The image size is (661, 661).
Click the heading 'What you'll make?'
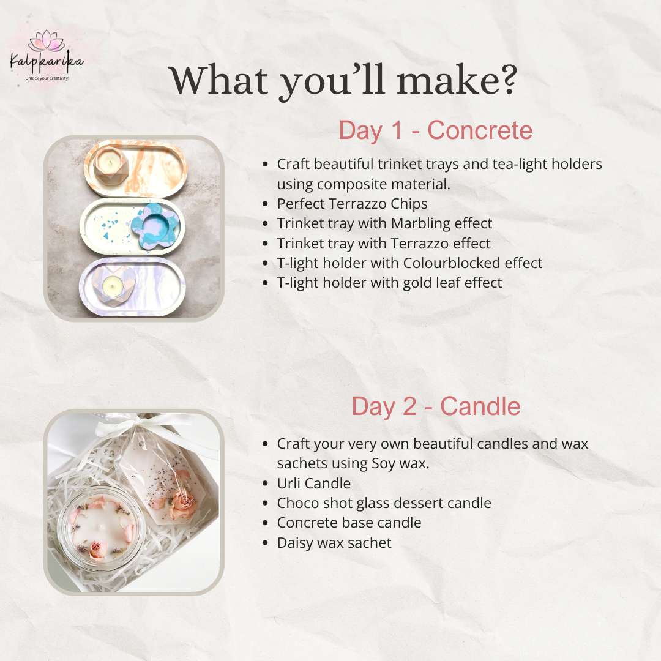(x=343, y=80)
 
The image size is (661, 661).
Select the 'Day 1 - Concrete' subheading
(x=435, y=131)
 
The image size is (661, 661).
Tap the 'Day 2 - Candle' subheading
(x=436, y=406)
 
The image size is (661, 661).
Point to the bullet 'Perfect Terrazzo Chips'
(x=352, y=204)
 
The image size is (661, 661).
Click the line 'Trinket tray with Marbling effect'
(x=384, y=223)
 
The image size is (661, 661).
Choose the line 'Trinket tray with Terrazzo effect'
(x=384, y=244)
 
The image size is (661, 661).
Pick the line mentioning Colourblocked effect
(x=409, y=263)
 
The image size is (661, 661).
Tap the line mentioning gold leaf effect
(x=389, y=283)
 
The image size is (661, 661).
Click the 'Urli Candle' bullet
(x=313, y=484)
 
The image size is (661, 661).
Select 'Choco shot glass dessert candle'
(x=384, y=503)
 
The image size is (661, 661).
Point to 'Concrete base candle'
(x=349, y=523)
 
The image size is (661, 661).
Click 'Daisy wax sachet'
(x=334, y=542)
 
